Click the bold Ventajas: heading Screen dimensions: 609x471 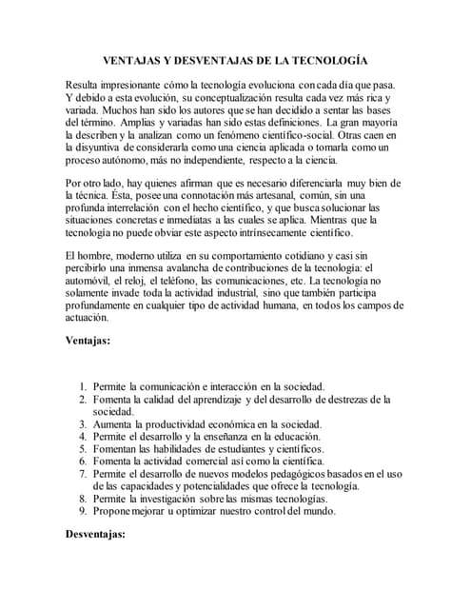[88, 340]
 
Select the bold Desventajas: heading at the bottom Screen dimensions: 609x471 [95, 535]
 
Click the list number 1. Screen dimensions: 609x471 [84, 386]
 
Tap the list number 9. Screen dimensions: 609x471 [84, 510]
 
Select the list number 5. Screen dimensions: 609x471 [84, 448]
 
